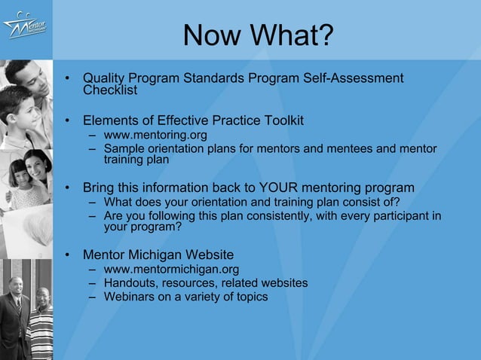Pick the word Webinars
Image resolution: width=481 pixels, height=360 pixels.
coord(127,296)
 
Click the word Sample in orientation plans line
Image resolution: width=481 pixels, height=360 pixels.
coord(123,149)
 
